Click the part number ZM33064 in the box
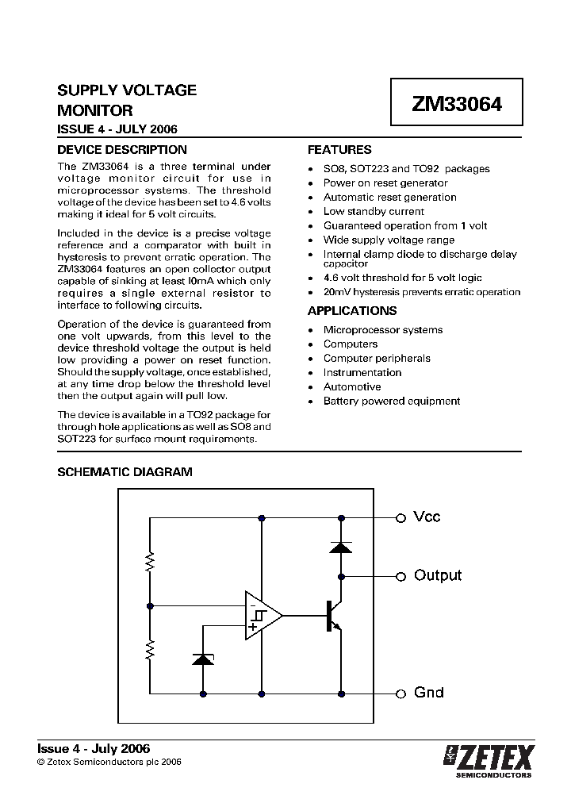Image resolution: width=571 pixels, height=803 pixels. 456,103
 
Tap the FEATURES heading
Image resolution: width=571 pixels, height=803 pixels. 339,149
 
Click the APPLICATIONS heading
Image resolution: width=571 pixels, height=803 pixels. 352,311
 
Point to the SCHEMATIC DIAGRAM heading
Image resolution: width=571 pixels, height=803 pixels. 125,471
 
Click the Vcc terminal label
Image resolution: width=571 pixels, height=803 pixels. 427,517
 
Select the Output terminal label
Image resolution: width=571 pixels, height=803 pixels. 437,575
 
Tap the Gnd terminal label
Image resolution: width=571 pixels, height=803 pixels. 428,693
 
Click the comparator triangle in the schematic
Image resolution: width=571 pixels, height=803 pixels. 261,615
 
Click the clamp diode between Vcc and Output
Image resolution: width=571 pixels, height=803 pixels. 340,547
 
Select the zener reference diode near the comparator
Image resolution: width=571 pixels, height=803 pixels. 203,658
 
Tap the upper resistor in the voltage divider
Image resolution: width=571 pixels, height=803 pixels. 149,563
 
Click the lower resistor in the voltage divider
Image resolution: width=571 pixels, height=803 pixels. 149,651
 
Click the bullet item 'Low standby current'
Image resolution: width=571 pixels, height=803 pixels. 374,212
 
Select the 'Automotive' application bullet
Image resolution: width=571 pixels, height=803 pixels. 352,387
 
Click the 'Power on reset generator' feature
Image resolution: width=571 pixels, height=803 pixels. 385,183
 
